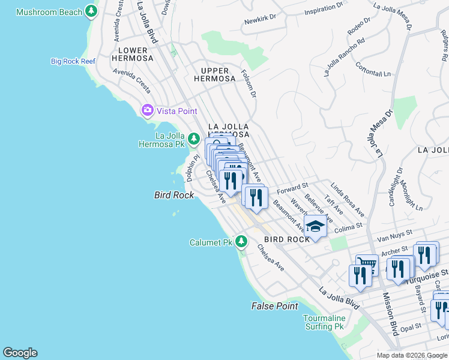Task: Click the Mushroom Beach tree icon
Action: (91, 11)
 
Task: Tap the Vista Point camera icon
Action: (147, 110)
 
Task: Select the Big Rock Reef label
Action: (73, 61)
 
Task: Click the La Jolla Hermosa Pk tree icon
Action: (193, 139)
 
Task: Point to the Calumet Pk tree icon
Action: (241, 242)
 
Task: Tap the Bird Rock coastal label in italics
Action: (174, 195)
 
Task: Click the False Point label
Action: (274, 306)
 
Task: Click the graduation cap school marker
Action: (315, 227)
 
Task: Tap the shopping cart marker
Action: (366, 264)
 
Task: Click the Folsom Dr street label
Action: (249, 83)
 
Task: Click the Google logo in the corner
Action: (20, 353)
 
